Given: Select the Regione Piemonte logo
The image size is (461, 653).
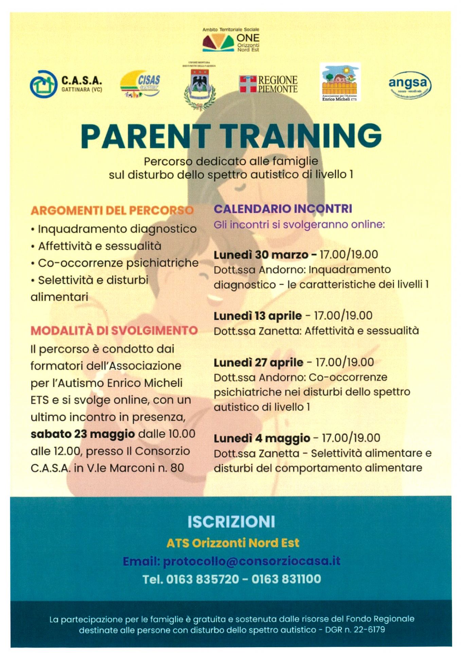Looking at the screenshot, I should point(268,84).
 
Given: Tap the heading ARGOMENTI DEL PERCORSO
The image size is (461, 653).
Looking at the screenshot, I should point(112,211).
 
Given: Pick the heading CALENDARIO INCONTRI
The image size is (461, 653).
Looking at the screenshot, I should point(283,208).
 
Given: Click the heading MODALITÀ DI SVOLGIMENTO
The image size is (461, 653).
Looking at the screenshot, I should point(114,331).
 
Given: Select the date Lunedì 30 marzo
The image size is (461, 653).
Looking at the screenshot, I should point(261,254).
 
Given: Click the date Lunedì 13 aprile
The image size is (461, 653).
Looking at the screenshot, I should point(258,316).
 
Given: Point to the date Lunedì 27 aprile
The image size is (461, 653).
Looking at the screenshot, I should point(258,363).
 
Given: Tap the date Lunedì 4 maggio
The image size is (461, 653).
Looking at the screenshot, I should point(262,438).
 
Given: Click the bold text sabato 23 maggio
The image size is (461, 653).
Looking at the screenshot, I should point(83,434).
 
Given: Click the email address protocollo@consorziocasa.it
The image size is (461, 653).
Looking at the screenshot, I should point(251,561).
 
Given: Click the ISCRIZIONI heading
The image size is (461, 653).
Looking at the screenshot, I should point(231,522).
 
